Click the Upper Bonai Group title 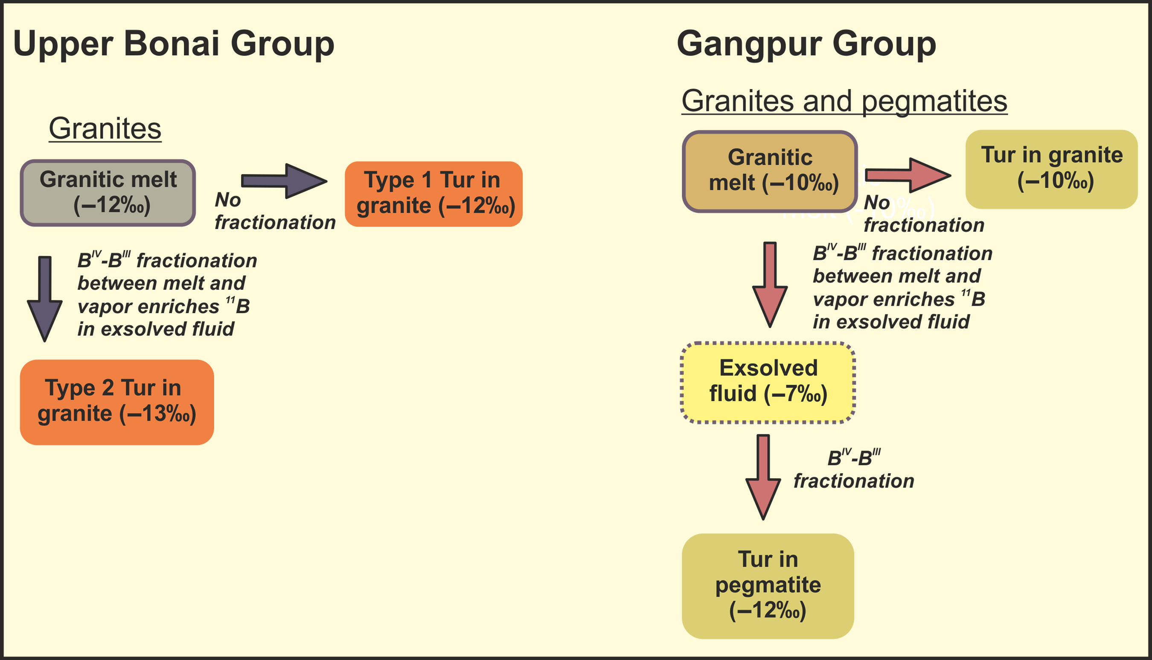pos(174,44)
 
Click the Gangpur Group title pos(806,44)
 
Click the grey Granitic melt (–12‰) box pos(108,193)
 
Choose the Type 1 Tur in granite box pos(433,194)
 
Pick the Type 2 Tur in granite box pos(116,401)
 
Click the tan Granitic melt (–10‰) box pos(770,172)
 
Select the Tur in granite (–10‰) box pos(1051,169)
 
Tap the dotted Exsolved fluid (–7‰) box pos(768,382)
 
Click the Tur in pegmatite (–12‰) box pos(768,586)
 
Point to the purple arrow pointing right pos(285,181)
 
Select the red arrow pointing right pos(907,175)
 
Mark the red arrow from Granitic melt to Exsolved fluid pos(770,285)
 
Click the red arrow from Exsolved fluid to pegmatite pos(763,477)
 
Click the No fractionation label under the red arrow pos(923,214)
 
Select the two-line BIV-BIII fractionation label pos(853,469)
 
